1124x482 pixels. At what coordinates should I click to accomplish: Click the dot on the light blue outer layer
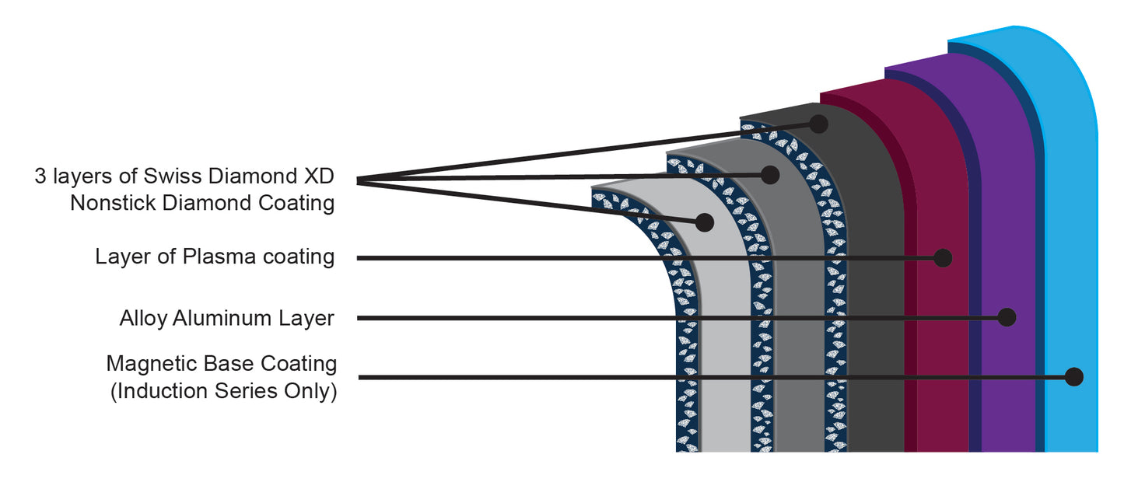(1073, 377)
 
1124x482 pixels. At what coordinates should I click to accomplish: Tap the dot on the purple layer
(1007, 317)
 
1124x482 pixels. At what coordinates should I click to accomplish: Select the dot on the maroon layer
(943, 258)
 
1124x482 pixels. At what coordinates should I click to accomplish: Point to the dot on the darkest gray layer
(818, 124)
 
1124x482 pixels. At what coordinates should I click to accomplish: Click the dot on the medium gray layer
(770, 175)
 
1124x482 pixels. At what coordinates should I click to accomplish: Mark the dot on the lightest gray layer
(705, 222)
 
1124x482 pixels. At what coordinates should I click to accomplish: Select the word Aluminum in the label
(222, 318)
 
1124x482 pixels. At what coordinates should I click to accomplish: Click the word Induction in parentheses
(159, 391)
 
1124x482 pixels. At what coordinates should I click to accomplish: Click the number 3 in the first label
(40, 176)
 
